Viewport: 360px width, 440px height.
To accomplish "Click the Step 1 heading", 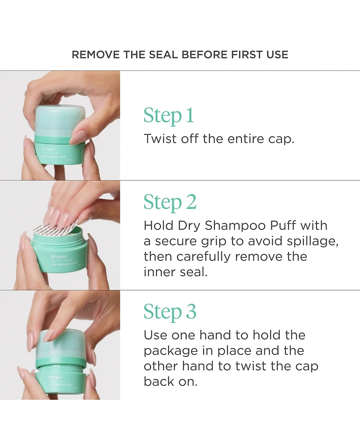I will point(169,116).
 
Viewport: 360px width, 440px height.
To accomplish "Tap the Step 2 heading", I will point(170,202).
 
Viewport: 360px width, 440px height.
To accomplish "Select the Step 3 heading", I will point(170,312).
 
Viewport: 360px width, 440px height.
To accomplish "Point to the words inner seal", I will point(175,272).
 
